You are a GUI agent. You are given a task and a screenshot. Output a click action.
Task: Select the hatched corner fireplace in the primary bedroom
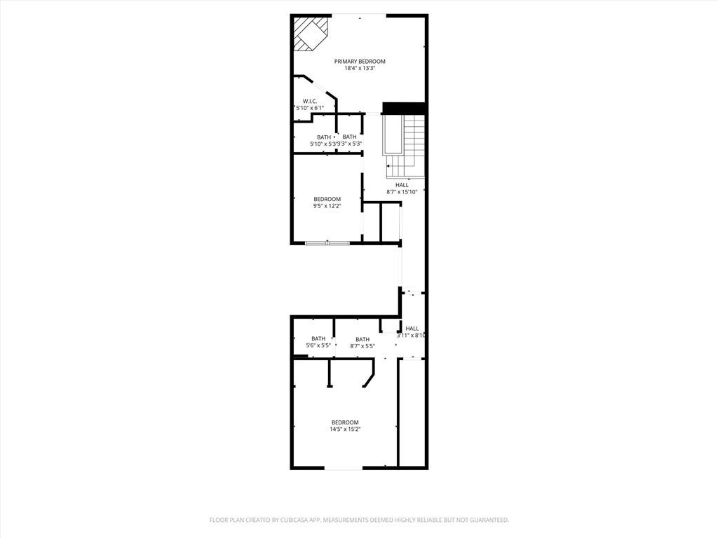pyautogui.click(x=309, y=32)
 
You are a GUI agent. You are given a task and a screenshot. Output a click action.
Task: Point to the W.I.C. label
pyautogui.click(x=310, y=102)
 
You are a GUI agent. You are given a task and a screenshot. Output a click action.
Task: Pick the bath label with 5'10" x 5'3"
pyautogui.click(x=324, y=137)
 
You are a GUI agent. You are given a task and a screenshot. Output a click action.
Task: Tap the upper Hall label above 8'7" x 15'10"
pyautogui.click(x=402, y=185)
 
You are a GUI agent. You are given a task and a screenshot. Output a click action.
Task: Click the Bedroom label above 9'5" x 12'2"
pyautogui.click(x=327, y=199)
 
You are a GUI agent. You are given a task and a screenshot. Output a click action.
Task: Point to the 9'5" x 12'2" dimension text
pyautogui.click(x=327, y=206)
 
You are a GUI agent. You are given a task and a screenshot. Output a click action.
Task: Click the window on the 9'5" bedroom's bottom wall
pyautogui.click(x=327, y=243)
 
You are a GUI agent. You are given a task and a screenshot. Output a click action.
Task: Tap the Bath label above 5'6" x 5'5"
pyautogui.click(x=318, y=339)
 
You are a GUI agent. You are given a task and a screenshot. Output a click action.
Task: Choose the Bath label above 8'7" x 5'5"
pyautogui.click(x=363, y=339)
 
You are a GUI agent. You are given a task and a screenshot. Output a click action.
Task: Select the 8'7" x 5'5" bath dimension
pyautogui.click(x=363, y=346)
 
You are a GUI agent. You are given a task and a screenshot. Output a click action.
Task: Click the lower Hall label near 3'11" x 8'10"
pyautogui.click(x=412, y=329)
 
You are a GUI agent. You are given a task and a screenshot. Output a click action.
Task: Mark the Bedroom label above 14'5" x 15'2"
pyautogui.click(x=345, y=422)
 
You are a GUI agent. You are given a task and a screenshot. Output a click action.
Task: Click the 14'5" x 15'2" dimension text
pyautogui.click(x=345, y=429)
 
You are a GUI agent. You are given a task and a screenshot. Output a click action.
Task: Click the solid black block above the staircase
pyautogui.click(x=404, y=108)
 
